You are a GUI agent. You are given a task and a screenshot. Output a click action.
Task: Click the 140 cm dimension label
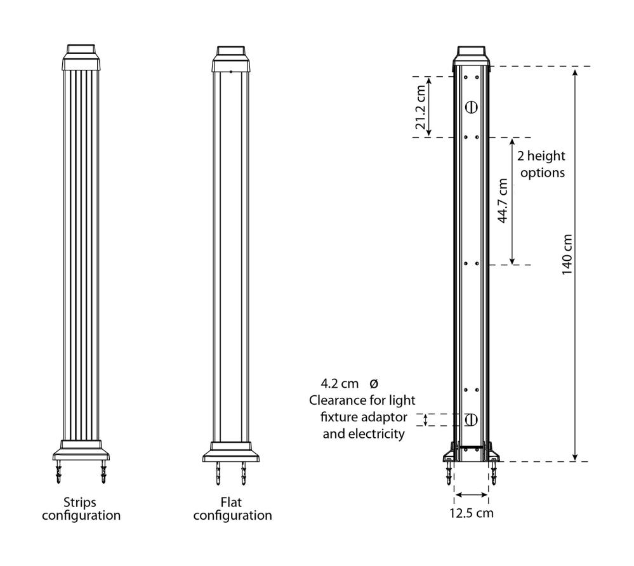point(567,254)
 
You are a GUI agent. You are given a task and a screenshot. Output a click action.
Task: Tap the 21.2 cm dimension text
point(421,107)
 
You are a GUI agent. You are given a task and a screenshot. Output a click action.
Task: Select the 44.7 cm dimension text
point(502,201)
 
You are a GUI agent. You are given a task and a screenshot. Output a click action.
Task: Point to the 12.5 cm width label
point(472,513)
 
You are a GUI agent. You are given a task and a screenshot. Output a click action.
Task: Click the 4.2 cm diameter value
point(340,383)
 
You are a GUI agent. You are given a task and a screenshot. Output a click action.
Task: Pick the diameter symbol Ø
point(374,383)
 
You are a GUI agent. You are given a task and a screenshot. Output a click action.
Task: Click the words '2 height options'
point(541,164)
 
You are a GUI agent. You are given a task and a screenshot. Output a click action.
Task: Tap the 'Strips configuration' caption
point(81,509)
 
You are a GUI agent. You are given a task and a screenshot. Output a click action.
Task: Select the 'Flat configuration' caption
point(232,509)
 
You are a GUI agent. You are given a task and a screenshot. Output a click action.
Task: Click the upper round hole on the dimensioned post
point(471,107)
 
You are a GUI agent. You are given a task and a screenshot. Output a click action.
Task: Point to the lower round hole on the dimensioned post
point(471,419)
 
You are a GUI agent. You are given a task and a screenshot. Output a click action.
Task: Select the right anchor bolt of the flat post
point(244,473)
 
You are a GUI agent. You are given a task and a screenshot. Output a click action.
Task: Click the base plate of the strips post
point(81,450)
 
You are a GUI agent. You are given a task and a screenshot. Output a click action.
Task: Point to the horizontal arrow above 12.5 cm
point(471,494)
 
